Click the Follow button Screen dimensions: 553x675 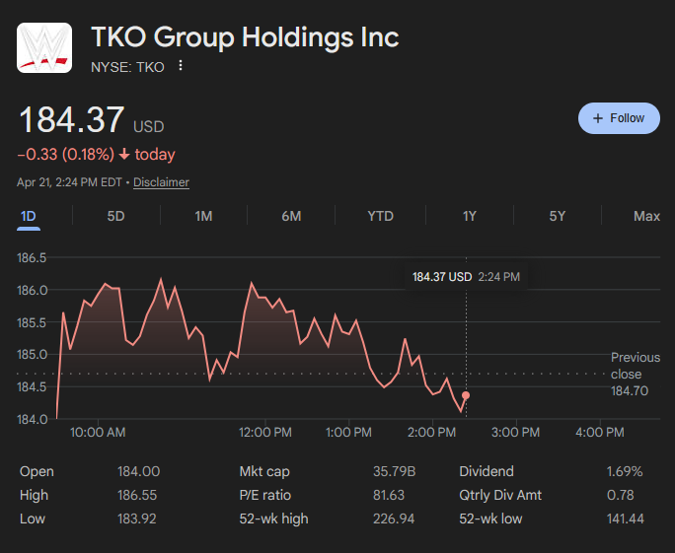(619, 118)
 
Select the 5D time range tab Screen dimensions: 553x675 (116, 216)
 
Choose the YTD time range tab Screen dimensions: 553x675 (380, 216)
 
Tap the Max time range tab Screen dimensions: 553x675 (646, 216)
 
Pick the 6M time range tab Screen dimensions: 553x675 (291, 216)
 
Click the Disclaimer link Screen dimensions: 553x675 (161, 182)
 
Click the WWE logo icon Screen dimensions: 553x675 (43, 46)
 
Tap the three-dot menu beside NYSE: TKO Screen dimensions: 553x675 (181, 66)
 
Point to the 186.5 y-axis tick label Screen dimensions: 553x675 (33, 258)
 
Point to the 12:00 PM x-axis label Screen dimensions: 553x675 (266, 433)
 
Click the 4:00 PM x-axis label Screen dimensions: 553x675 (600, 433)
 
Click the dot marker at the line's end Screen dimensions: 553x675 (466, 395)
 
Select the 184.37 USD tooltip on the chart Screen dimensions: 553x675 (465, 277)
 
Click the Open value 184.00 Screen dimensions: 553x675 (138, 472)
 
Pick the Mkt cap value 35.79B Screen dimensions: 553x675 (396, 472)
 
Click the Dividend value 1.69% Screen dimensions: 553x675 (624, 472)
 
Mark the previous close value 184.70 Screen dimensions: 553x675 (629, 391)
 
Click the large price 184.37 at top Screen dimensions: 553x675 (72, 120)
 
